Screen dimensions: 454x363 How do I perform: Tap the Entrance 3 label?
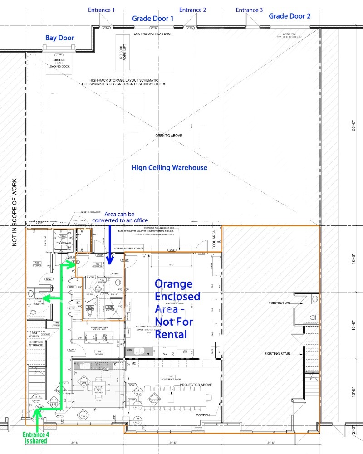point(249,10)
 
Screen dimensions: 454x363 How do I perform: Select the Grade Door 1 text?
point(153,19)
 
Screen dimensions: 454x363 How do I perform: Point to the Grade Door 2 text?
point(289,16)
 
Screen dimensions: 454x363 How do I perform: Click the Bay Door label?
point(59,38)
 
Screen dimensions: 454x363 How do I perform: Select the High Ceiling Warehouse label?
point(169,167)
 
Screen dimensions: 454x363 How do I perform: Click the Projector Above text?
point(196,385)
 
